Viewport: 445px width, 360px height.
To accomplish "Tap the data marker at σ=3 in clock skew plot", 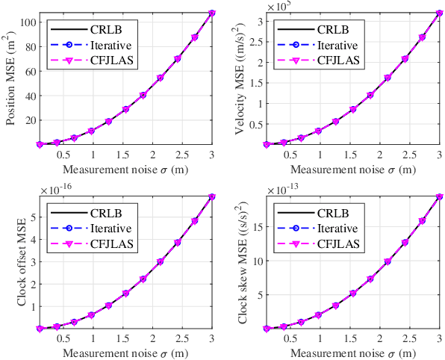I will click(439, 196).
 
